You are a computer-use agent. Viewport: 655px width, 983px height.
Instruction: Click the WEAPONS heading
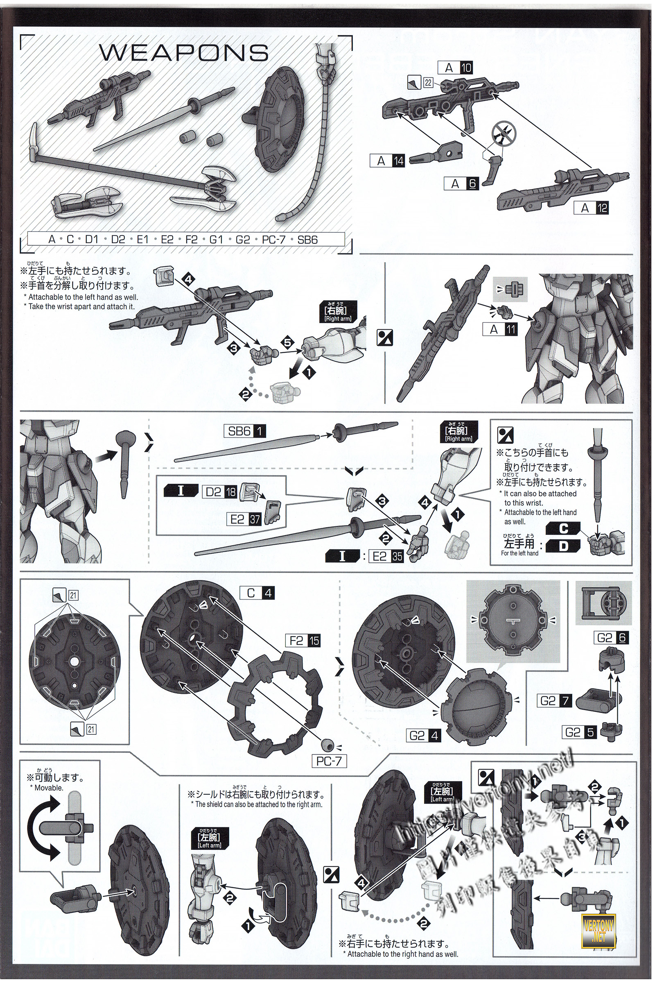pos(184,53)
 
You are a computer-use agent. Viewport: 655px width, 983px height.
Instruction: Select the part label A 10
pos(455,68)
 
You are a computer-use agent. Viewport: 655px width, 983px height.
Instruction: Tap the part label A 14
pos(387,161)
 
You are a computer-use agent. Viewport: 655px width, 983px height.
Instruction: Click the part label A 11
pos(499,329)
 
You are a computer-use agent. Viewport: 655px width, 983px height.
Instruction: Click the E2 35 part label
pos(386,556)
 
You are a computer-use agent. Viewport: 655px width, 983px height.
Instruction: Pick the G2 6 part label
pos(611,638)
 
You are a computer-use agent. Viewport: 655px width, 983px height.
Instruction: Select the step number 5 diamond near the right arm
pos(287,342)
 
